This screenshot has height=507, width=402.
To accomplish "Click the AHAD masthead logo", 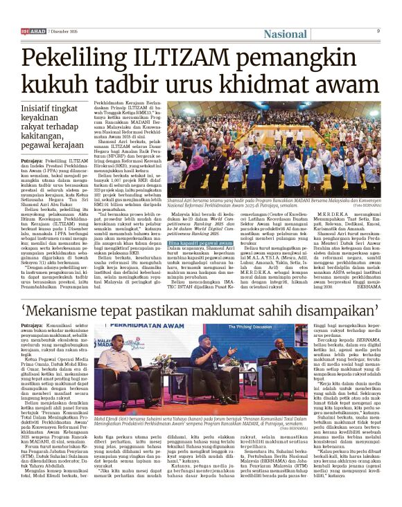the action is [33, 31].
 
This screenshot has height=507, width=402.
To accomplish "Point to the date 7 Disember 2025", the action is [65, 31].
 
